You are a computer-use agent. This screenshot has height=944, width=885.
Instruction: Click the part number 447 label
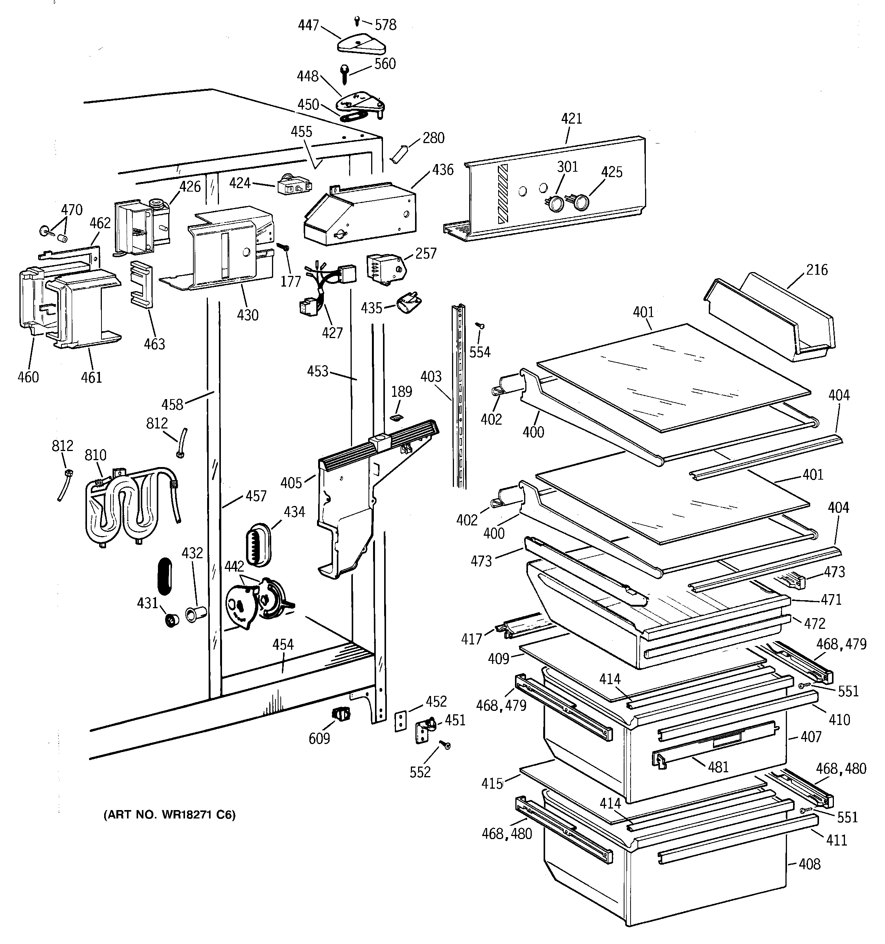(x=308, y=25)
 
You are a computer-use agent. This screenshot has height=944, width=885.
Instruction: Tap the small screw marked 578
(x=357, y=20)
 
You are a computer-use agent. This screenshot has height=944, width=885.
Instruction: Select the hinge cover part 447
(x=361, y=44)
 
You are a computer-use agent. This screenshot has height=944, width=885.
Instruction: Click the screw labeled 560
(x=345, y=74)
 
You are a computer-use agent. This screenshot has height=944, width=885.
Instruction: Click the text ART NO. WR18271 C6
(x=169, y=815)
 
